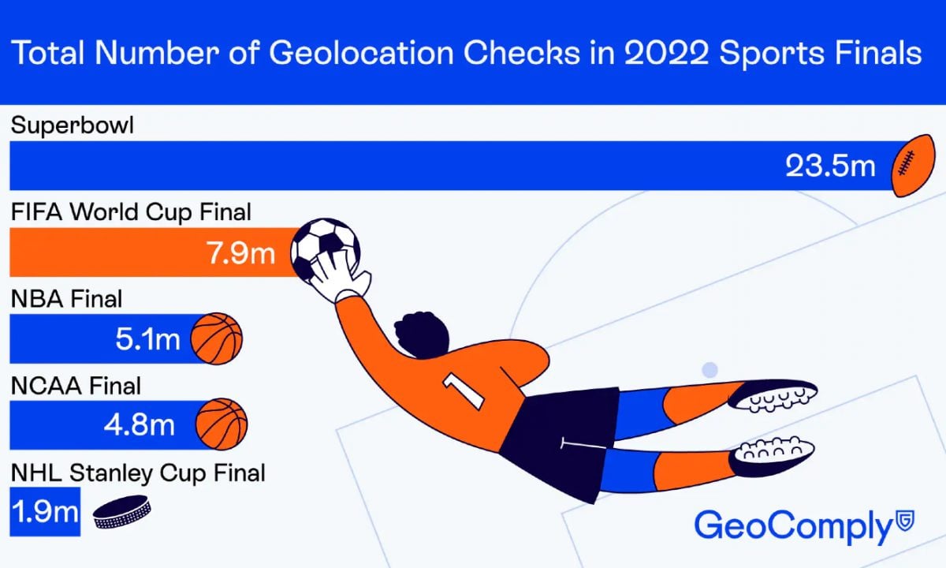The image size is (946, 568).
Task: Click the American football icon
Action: click(913, 166)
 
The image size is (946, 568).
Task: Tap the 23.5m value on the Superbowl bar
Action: click(830, 166)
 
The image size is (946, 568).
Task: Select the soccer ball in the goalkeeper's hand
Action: click(325, 250)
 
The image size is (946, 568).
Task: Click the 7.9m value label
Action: click(240, 253)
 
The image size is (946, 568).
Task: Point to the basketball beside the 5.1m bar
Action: click(217, 338)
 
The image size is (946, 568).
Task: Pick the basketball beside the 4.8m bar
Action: click(222, 424)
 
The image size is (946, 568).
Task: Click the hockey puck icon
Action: click(121, 512)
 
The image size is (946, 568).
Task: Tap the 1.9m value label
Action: click(46, 512)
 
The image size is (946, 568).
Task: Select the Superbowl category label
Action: click(73, 125)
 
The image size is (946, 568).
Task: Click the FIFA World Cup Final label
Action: click(131, 211)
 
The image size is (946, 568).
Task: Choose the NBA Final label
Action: click(66, 299)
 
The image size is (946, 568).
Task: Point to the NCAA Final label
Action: click(76, 386)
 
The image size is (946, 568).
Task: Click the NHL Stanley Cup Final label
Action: click(138, 473)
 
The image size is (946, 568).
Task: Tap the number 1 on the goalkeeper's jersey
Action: click(464, 391)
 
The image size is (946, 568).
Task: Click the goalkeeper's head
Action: click(422, 334)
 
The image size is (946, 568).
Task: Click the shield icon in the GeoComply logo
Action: click(906, 520)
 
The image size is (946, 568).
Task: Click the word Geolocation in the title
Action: click(361, 54)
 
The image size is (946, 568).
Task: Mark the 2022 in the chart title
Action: click(666, 54)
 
